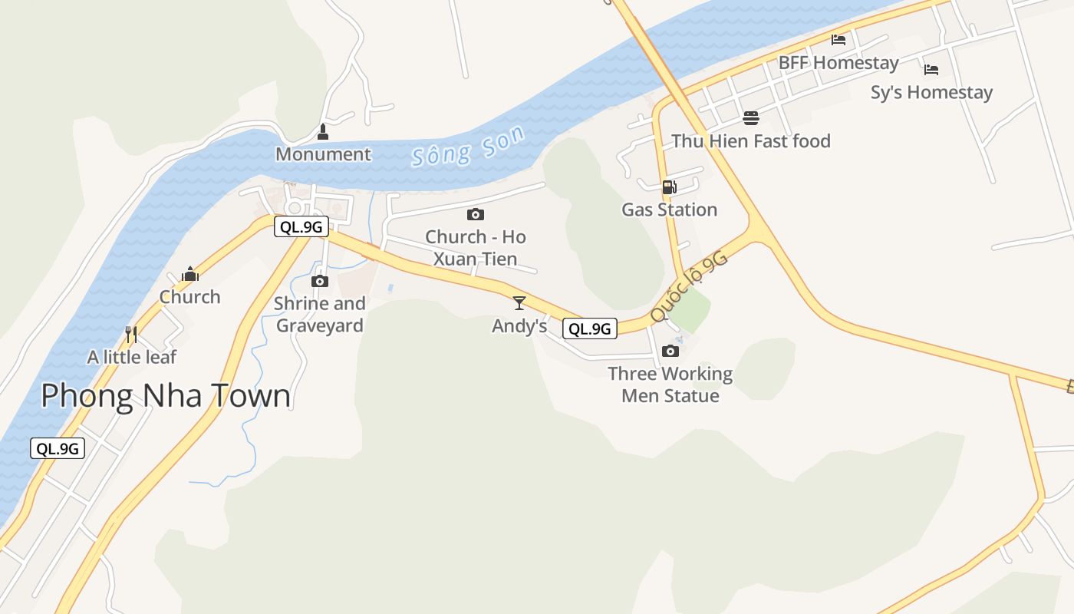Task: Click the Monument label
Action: pos(323,154)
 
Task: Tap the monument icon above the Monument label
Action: pos(323,132)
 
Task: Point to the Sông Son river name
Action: pos(468,147)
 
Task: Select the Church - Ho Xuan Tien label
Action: pos(476,247)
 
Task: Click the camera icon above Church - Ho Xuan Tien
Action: pos(476,214)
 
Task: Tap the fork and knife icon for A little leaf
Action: pos(131,334)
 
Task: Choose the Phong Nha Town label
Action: pos(166,396)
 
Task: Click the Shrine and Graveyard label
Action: pos(320,314)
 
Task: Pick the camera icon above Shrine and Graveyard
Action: pos(320,281)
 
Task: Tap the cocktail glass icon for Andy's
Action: pos(519,302)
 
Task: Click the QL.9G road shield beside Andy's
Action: pos(590,328)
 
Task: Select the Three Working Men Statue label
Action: pos(670,385)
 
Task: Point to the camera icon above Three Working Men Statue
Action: pos(670,351)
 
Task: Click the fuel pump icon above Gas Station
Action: pos(669,187)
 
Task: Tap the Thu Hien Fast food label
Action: pos(751,141)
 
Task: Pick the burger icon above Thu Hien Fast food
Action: pos(750,118)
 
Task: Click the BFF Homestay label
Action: pos(838,63)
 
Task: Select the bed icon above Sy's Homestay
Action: pos(931,69)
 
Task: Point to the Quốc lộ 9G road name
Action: pos(688,287)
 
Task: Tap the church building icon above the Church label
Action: pos(190,274)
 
